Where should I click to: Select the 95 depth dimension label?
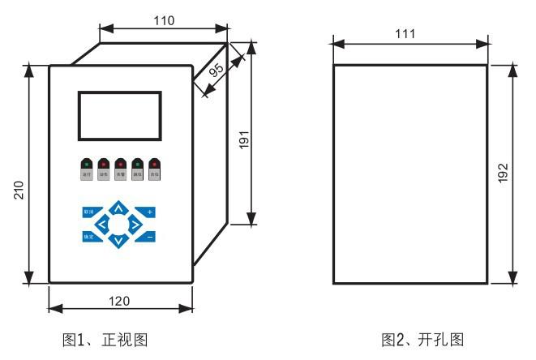[x=217, y=71]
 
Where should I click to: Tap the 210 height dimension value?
[x=17, y=190]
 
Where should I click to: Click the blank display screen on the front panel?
[x=119, y=116]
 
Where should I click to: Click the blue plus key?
[x=149, y=212]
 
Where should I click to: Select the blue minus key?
[x=149, y=238]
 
